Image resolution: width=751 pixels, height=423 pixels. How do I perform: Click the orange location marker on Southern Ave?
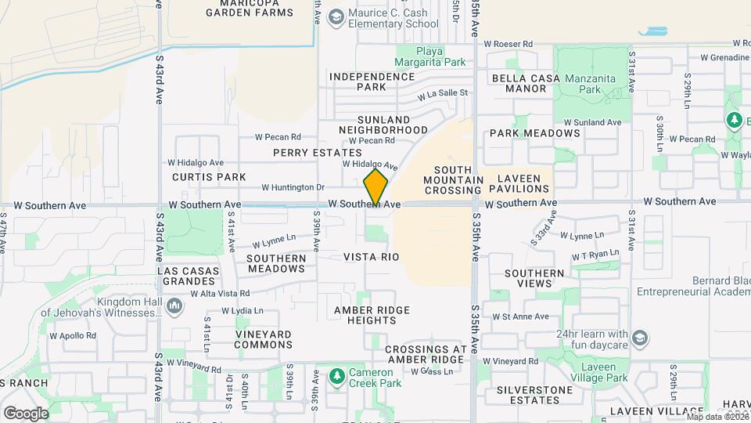(375, 187)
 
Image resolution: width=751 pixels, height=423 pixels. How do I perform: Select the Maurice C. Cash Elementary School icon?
(336, 17)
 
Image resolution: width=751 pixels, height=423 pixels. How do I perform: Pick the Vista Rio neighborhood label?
(372, 257)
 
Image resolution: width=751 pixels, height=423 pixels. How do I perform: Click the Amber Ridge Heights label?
(372, 315)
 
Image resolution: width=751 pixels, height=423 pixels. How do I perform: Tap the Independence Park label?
(372, 81)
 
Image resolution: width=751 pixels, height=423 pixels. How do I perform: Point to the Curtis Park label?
(210, 177)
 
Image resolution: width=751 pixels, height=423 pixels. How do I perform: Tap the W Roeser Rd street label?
(508, 45)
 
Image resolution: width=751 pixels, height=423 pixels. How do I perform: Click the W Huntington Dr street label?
(293, 187)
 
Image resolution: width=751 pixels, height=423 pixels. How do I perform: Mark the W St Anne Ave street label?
(520, 317)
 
